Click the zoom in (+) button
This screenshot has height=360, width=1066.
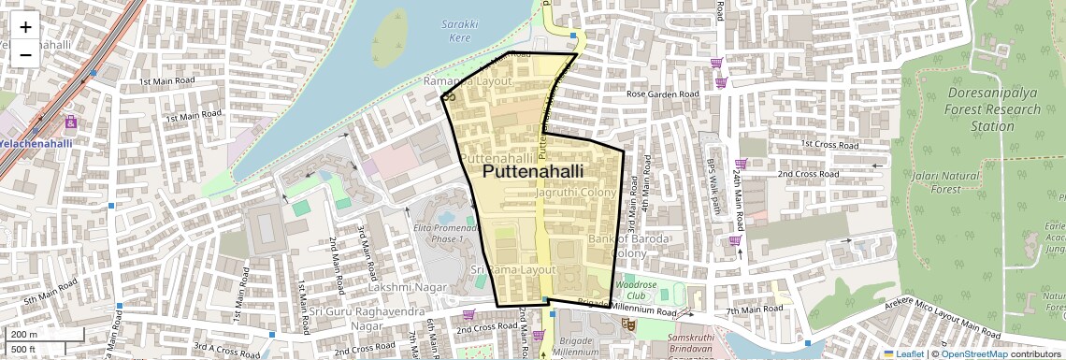click(x=25, y=27)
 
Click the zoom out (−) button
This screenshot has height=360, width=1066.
click(x=25, y=54)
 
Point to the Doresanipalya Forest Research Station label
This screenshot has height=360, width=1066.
click(x=992, y=109)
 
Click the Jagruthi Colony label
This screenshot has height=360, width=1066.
click(x=576, y=192)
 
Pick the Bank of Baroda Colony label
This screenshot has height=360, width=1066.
click(x=617, y=246)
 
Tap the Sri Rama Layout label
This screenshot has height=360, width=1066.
click(x=513, y=269)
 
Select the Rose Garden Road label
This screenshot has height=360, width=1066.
click(x=662, y=94)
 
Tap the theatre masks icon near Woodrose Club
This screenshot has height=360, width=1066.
click(x=630, y=324)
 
